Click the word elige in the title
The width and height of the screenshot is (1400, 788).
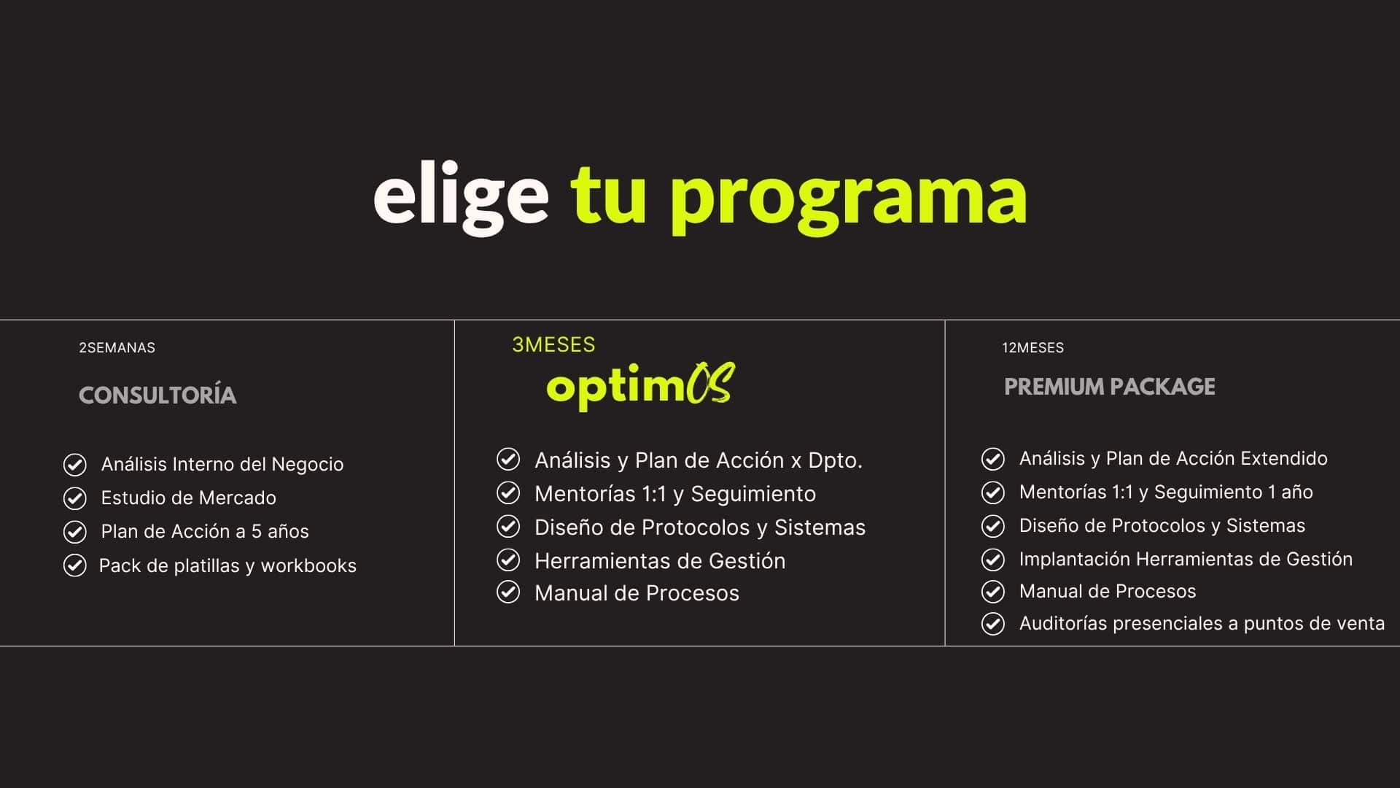[461, 196]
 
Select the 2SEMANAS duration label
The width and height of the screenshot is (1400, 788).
[117, 347]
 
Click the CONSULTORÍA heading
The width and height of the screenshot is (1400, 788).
[157, 395]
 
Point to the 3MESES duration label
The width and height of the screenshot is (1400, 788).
[553, 344]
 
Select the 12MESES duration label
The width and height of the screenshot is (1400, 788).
[1032, 347]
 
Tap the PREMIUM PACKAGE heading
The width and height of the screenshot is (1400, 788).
[1110, 386]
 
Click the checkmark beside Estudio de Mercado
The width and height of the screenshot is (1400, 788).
[74, 498]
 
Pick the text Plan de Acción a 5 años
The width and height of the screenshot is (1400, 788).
[205, 531]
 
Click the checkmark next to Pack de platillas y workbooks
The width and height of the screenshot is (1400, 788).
[74, 565]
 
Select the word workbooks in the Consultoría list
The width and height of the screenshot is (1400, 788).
[308, 565]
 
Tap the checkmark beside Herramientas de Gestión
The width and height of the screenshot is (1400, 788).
[508, 560]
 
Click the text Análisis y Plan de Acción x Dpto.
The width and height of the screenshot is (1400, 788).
[699, 460]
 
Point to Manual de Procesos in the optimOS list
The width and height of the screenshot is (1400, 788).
[637, 593]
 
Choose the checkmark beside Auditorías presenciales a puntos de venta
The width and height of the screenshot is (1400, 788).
[992, 624]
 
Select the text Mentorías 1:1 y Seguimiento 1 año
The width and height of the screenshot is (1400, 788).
[1166, 492]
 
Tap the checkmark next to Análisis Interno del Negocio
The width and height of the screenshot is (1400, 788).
[74, 465]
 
